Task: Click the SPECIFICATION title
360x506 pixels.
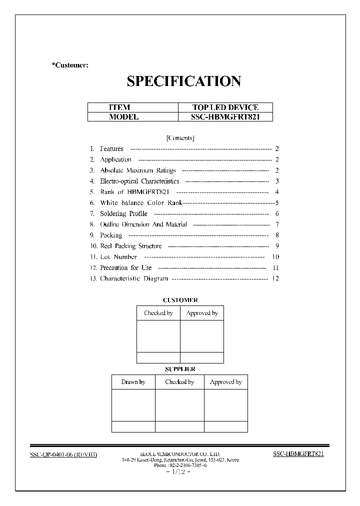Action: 184,81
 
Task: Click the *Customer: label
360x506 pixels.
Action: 70,65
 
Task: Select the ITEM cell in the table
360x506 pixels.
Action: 119,107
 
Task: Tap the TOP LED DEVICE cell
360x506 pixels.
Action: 225,107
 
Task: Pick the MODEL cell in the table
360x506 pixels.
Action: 123,117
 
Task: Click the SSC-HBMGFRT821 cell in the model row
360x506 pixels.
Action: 225,117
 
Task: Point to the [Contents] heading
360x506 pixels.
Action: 180,138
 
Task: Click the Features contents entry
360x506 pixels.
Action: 111,149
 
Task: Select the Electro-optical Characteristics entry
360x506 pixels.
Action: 139,181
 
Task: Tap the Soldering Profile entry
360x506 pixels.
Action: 123,214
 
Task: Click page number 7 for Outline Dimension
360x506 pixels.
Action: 276,224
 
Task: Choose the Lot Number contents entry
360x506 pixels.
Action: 118,257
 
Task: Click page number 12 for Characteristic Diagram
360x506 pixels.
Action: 275,278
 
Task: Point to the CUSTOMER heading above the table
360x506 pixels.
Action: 180,300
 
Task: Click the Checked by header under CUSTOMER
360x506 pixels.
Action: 158,313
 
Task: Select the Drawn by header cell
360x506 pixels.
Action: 133,382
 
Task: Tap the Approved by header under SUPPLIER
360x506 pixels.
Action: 225,382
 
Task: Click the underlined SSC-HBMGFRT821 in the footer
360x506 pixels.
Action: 298,454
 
